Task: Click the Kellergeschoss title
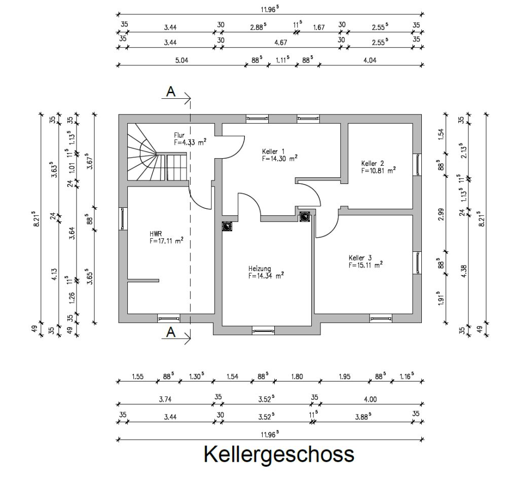click(279, 454)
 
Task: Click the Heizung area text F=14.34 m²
click(266, 276)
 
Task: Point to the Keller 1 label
click(273, 151)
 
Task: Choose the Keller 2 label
click(373, 164)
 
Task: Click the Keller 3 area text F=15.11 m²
click(365, 265)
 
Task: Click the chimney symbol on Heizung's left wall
click(227, 227)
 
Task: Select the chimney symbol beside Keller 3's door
click(305, 217)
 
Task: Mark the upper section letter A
click(171, 92)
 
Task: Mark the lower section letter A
click(171, 332)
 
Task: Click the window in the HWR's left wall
click(123, 218)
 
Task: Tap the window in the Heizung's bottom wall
click(263, 331)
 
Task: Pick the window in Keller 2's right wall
click(417, 164)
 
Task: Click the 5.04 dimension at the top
click(181, 60)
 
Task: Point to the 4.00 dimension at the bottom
click(370, 399)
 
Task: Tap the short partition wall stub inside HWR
click(143, 280)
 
